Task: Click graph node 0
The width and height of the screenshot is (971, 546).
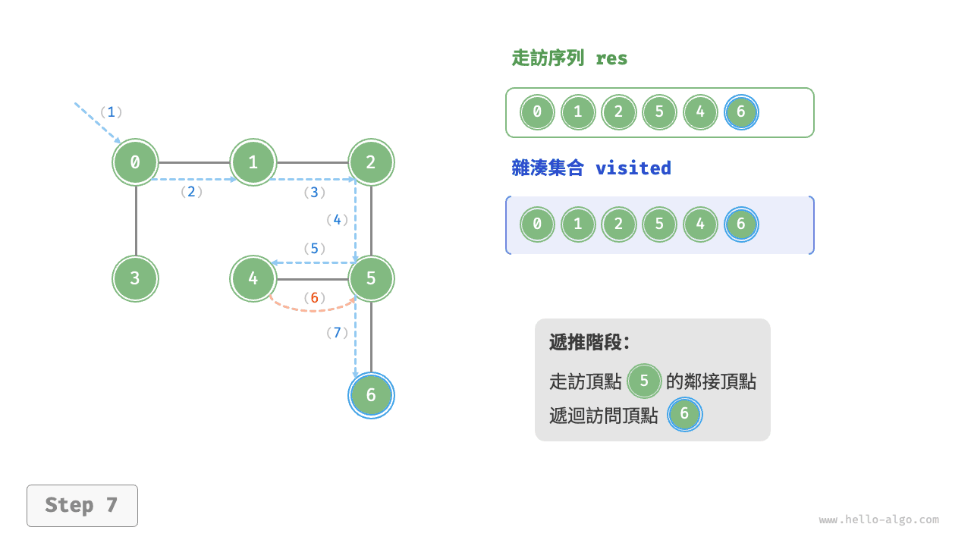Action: point(136,162)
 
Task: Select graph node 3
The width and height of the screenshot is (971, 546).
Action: point(136,278)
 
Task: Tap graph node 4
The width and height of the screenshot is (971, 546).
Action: point(253,278)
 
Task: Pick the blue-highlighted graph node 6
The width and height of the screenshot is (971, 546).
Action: point(371,395)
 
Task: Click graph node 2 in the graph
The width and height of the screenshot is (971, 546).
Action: point(371,162)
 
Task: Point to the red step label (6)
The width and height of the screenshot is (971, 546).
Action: point(314,297)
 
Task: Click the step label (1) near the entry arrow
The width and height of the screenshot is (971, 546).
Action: point(111,112)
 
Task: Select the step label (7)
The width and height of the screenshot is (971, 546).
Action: point(337,332)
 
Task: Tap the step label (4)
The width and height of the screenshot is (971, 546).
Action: point(337,220)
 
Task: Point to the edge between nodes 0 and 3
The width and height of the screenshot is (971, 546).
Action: point(136,220)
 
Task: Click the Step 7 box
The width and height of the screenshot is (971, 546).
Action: point(82,505)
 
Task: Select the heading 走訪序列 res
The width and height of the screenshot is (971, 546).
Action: point(570,58)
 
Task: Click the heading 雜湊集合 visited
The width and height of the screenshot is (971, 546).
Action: point(591,168)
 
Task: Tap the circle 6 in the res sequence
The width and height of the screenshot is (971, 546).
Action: point(741,113)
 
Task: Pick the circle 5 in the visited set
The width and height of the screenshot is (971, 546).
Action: point(659,224)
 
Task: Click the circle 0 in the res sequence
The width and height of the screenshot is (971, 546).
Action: point(537,113)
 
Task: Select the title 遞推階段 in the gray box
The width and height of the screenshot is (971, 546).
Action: point(589,342)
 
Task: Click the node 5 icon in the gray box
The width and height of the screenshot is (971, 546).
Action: point(644,381)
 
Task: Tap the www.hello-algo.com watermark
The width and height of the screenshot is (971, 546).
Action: point(878,520)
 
